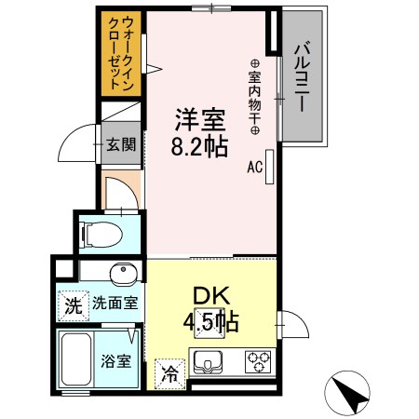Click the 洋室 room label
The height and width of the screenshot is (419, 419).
tap(199, 121)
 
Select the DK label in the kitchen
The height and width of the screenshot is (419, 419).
tap(210, 296)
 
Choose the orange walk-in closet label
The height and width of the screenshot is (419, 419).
tap(121, 52)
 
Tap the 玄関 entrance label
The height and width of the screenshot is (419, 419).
tap(121, 144)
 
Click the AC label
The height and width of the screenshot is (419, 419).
tap(254, 169)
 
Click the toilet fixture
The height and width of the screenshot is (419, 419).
tap(102, 235)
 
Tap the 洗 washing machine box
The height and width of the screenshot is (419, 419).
tap(73, 304)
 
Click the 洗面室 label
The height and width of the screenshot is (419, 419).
tap(115, 303)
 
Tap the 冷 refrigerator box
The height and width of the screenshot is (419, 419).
tap(170, 374)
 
